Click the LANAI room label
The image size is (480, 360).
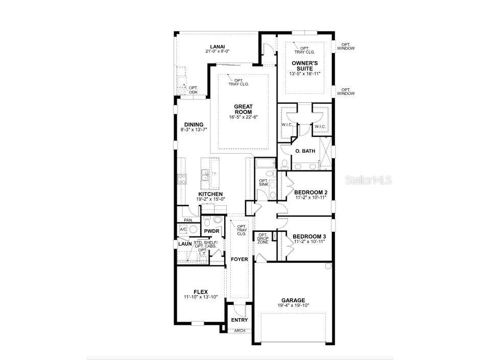pos(218,46)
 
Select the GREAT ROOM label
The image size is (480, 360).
pos(243,109)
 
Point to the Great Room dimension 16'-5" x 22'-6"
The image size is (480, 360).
pos(243,117)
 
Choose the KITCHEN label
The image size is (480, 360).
pos(210,195)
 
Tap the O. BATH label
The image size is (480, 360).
pos(305,152)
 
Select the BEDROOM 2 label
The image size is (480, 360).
pos(310,193)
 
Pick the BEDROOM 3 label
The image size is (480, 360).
pos(309,236)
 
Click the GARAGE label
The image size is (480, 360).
pos(293,300)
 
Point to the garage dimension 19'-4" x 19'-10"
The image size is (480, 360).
pos(293,305)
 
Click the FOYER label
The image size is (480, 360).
pos(239,259)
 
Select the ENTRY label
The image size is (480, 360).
pos(239,320)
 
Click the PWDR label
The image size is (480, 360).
pos(211,231)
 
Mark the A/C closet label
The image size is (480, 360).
pos(183,230)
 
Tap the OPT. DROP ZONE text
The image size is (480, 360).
pos(262,238)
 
